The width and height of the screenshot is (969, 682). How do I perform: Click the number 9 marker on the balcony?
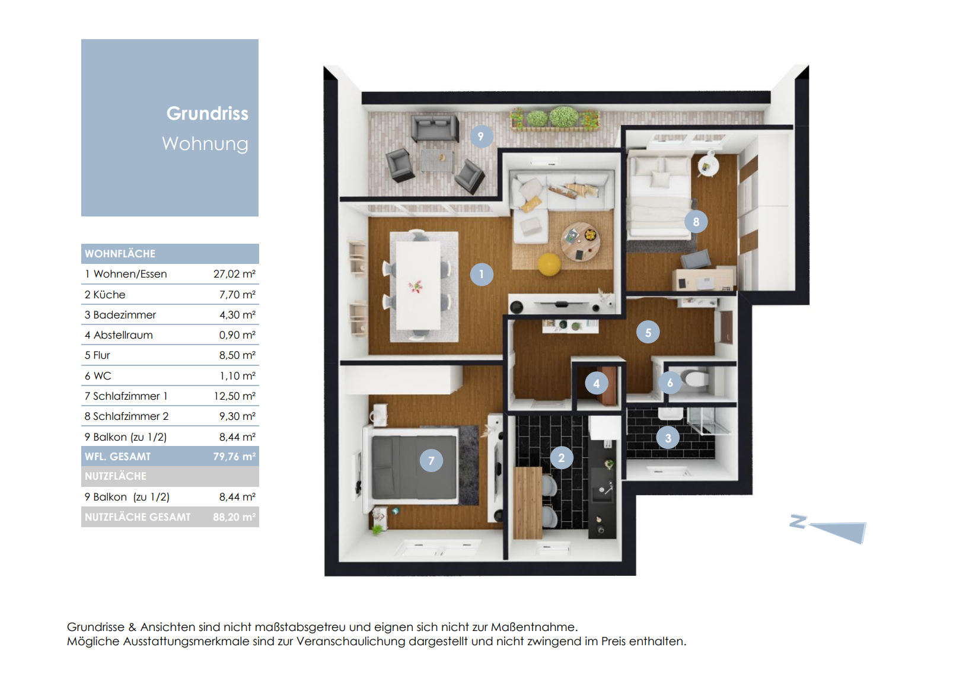pos(480,137)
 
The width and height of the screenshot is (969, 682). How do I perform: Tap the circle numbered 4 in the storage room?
pos(596,384)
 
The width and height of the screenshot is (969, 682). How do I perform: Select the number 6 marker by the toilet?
pos(670,383)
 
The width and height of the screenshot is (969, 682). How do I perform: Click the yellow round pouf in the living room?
pos(549,264)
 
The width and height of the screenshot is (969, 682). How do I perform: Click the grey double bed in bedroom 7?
pos(414,467)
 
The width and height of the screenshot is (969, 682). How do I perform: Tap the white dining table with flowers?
pos(418,285)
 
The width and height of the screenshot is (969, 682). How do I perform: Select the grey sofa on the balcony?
pos(435,128)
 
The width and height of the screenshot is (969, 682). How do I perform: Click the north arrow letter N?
pos(798,521)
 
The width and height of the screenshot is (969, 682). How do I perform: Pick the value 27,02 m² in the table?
pos(234,274)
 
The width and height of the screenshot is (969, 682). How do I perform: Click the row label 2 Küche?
pos(105,295)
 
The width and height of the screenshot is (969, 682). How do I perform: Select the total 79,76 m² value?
pos(234,457)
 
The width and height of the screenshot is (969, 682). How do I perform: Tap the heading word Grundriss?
pos(207,113)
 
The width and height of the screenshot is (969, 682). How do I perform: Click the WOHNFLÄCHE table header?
pos(120,254)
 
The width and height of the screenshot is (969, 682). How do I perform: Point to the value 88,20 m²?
pos(234,517)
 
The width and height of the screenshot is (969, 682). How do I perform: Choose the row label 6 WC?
pos(98,376)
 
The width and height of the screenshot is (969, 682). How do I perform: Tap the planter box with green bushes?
pos(555,118)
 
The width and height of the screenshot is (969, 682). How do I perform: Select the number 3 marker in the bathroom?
pos(668,438)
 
